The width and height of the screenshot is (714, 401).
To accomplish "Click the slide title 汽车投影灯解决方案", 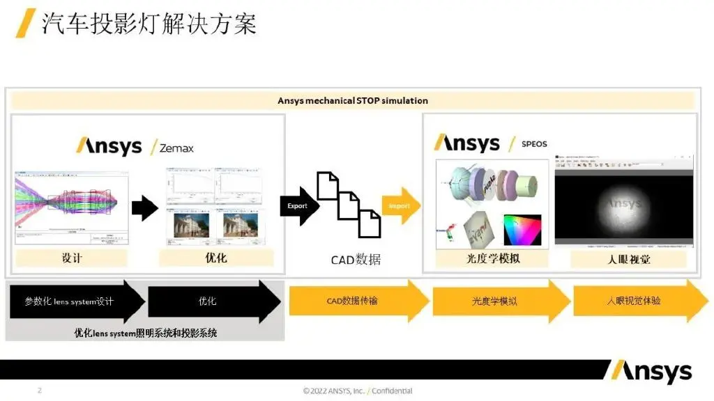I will [x=149, y=24].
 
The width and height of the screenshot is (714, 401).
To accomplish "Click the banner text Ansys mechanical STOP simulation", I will [x=352, y=100].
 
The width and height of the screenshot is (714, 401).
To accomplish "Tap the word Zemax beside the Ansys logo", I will [x=176, y=148].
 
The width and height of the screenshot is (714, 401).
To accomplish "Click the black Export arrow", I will [x=298, y=206].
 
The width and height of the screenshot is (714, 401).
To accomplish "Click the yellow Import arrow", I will [x=400, y=206].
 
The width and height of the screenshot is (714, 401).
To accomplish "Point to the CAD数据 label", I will [x=356, y=260].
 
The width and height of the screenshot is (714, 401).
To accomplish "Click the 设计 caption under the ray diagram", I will [x=72, y=258].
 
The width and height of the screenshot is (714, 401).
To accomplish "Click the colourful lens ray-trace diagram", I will [x=72, y=203].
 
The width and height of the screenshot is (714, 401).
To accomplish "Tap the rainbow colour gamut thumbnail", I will [x=522, y=229].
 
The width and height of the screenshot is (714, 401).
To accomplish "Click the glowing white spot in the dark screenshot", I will [x=623, y=204].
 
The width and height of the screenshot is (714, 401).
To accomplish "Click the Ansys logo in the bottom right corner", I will [x=648, y=372].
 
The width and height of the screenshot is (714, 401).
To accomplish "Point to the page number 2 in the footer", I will [x=40, y=391].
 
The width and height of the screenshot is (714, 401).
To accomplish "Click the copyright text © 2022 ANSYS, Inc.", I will [x=334, y=391].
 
